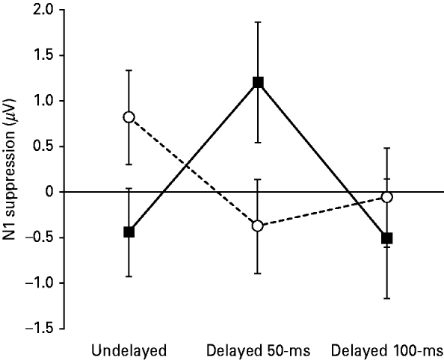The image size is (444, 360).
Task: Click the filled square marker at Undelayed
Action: pos(129,232)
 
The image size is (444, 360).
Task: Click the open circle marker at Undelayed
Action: pos(129,117)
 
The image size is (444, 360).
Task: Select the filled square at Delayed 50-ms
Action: pos(258,82)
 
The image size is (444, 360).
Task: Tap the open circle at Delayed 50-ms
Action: pos(258,226)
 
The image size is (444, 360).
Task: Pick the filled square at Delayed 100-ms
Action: pos(386,238)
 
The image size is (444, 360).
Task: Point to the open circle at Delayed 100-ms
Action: pos(386,196)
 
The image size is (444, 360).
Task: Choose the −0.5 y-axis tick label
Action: pos(40,238)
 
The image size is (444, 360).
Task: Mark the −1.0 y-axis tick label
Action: pos(40,283)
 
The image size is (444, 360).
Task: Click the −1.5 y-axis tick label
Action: pos(40,329)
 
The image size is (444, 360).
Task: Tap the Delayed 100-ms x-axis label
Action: pos(386,350)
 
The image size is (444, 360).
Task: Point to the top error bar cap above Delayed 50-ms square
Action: pos(258,22)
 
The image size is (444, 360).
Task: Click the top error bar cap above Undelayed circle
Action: pos(129,70)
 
